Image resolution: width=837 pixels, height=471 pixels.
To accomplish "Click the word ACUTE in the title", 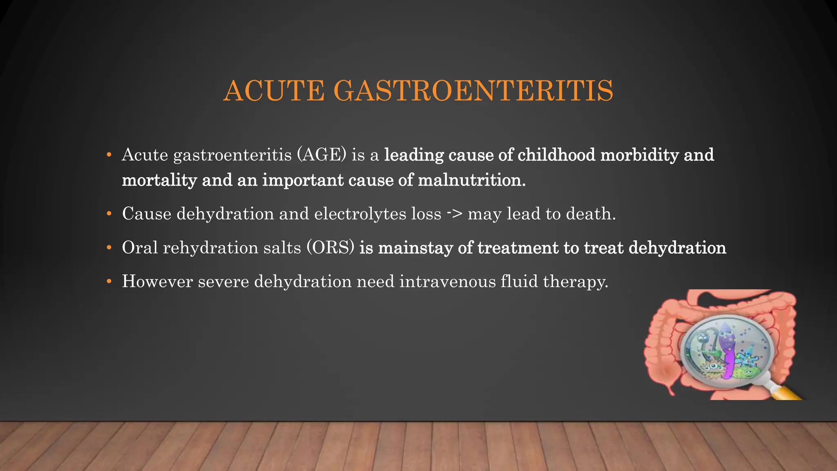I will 274,90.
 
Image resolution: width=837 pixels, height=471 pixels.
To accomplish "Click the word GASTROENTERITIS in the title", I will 473,90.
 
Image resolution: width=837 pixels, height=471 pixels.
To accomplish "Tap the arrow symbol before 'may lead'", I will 454,213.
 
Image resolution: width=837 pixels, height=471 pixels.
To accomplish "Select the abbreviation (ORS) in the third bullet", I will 330,248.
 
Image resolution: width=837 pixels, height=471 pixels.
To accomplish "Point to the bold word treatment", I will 518,248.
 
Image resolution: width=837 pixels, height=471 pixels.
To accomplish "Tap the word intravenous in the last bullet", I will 448,282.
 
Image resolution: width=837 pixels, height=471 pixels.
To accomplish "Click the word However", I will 157,282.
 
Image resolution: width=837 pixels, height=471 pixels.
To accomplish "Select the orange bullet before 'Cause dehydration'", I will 109,214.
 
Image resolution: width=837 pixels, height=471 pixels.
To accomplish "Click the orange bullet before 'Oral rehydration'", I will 109,248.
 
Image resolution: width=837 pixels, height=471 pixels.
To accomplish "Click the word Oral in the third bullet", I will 140,248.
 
